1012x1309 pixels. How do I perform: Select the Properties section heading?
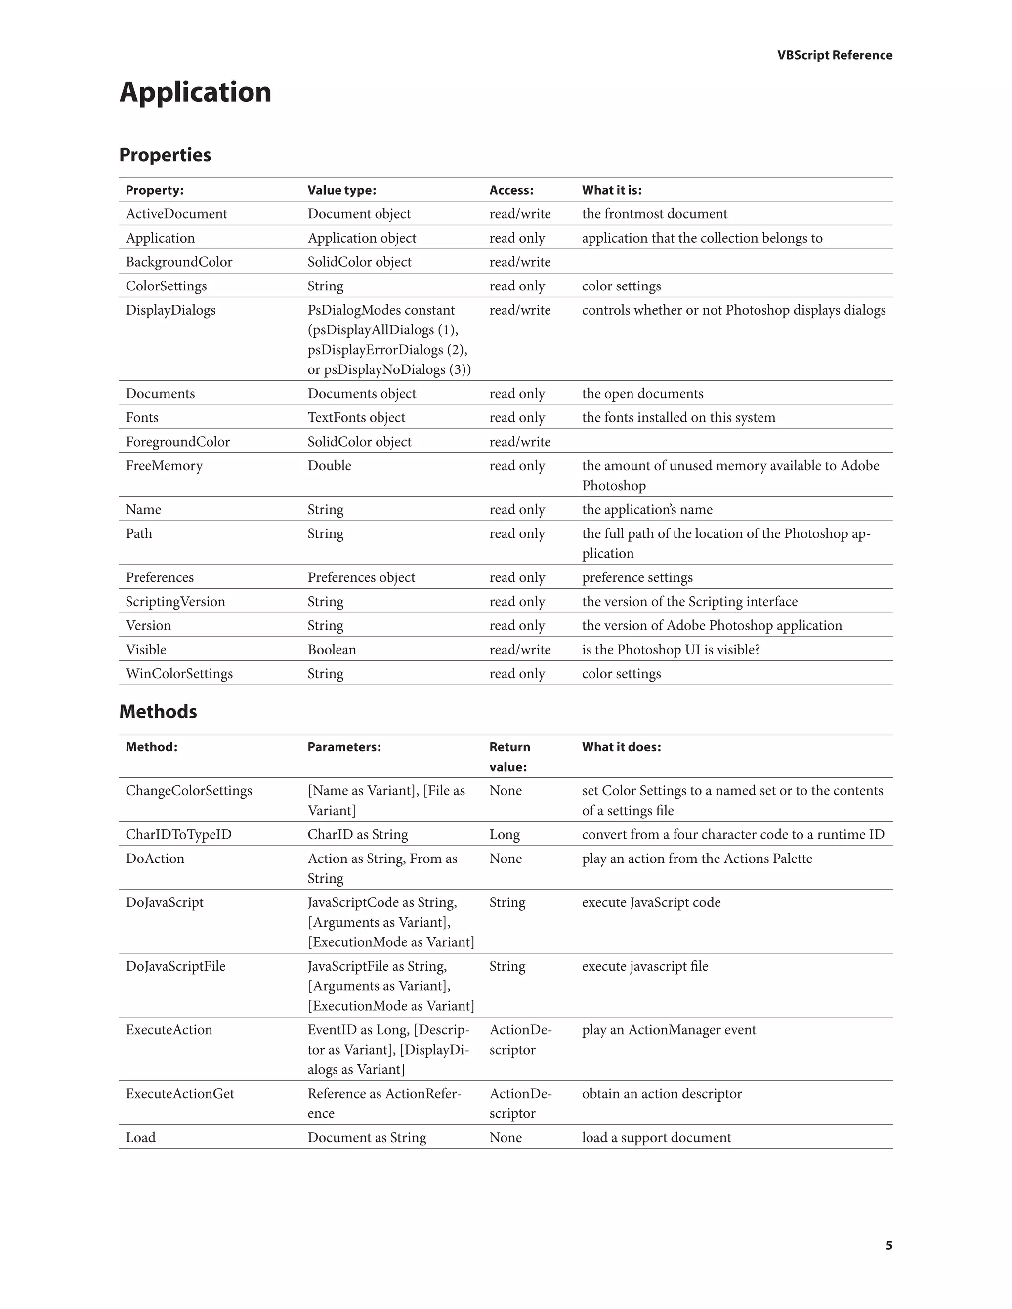[165, 155]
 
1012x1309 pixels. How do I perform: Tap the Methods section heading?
[158, 711]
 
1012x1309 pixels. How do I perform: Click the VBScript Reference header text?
[835, 55]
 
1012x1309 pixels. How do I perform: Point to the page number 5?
[888, 1245]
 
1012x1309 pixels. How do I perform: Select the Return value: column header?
[509, 756]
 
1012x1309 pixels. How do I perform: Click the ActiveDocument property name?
[176, 214]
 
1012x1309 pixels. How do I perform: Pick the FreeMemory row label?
[164, 466]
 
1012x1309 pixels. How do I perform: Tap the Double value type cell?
[329, 466]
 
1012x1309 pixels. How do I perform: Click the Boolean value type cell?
[332, 650]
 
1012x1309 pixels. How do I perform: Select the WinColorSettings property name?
[179, 674]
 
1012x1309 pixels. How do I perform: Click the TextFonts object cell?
[356, 418]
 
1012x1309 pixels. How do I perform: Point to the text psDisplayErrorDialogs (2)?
[387, 350]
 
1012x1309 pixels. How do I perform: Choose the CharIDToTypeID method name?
[179, 834]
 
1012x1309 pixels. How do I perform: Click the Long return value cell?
[504, 834]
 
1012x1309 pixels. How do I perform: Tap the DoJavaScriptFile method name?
[175, 966]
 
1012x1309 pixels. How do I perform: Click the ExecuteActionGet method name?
[180, 1093]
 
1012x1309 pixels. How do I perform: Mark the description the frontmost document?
[654, 214]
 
